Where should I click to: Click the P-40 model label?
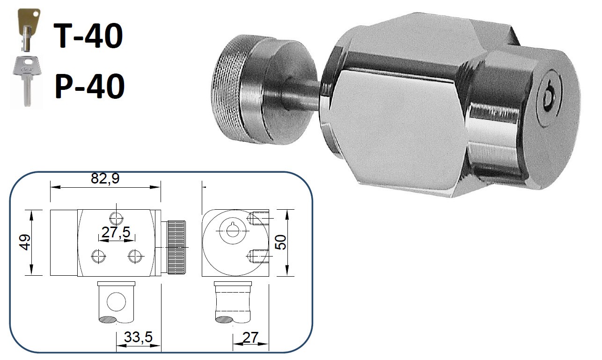point(89,86)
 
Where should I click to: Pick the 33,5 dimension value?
point(138,338)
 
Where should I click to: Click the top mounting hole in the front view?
point(116,217)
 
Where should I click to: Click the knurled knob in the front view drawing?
point(176,247)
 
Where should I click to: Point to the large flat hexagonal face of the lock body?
point(398,126)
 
